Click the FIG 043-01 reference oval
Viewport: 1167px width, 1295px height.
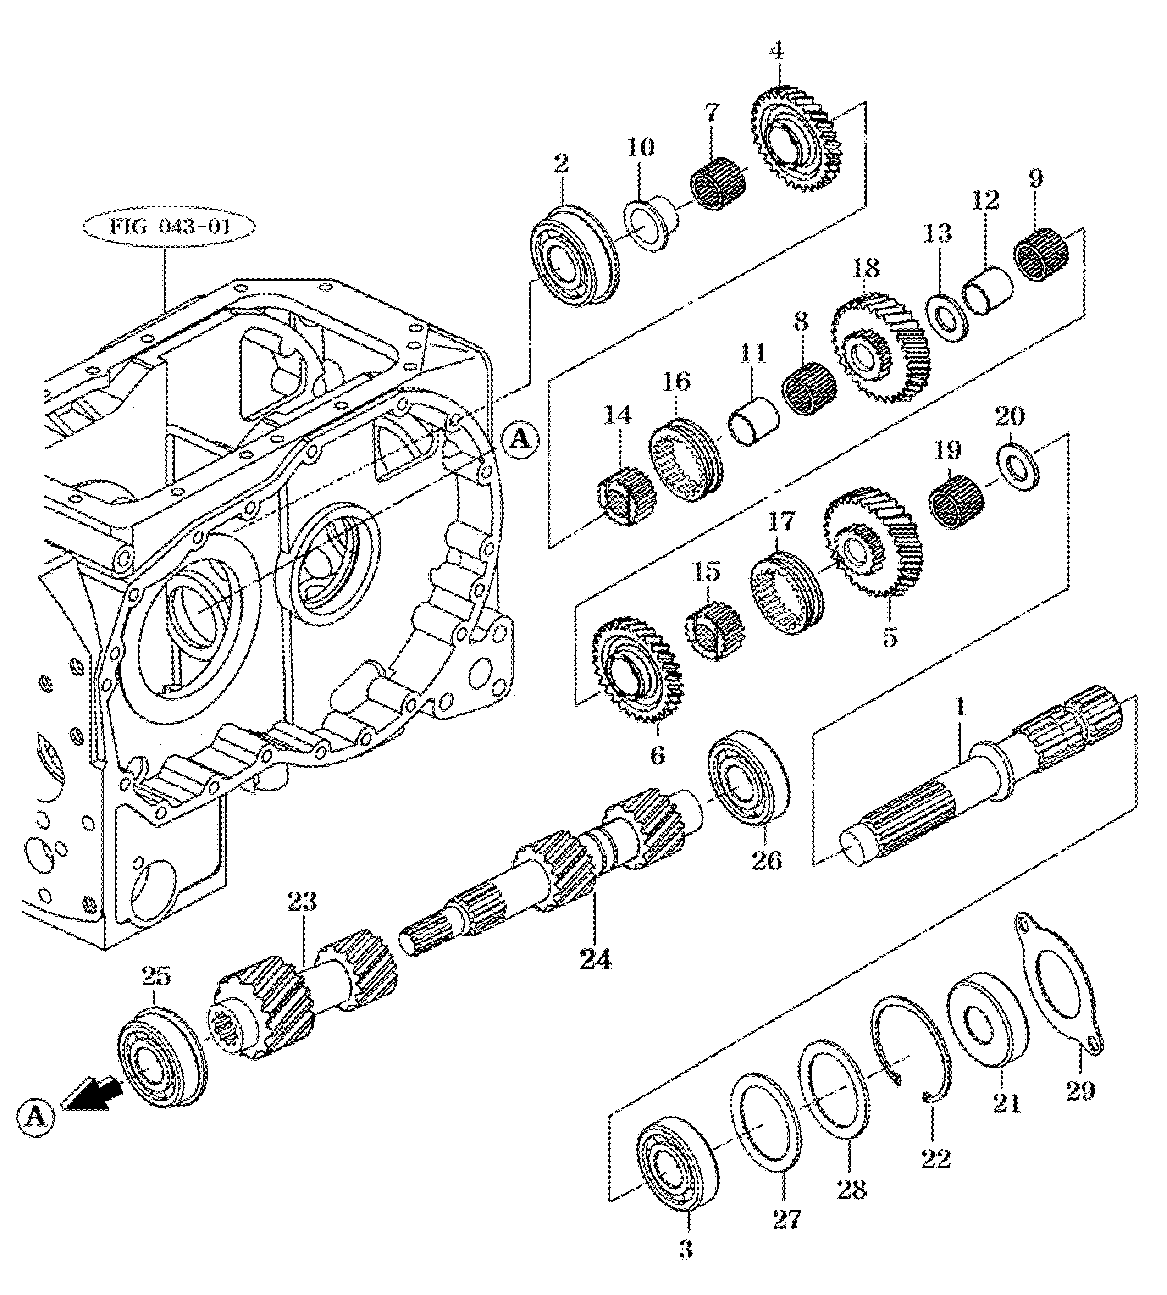pos(168,229)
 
